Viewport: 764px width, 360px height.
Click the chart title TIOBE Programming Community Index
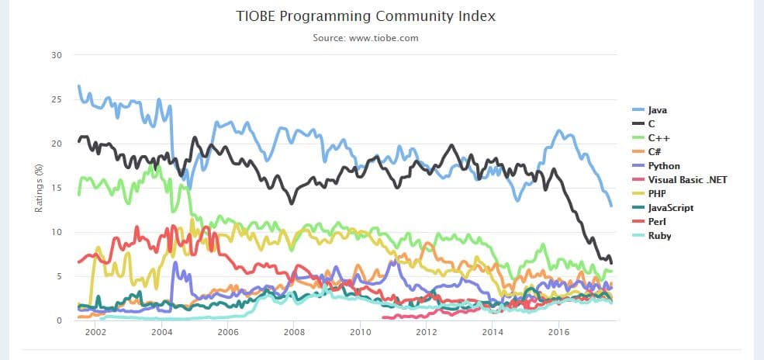click(x=365, y=16)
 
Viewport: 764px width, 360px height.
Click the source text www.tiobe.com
click(x=365, y=37)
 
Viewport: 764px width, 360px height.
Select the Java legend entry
click(x=657, y=111)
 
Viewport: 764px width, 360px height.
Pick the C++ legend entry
click(x=656, y=138)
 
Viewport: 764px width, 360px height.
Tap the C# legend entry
click(x=655, y=152)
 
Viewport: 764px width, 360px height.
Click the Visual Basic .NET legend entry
click(x=686, y=180)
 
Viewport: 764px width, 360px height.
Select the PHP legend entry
click(x=656, y=194)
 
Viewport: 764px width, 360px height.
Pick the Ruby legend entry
click(x=659, y=236)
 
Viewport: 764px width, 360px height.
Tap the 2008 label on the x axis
click(x=293, y=333)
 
